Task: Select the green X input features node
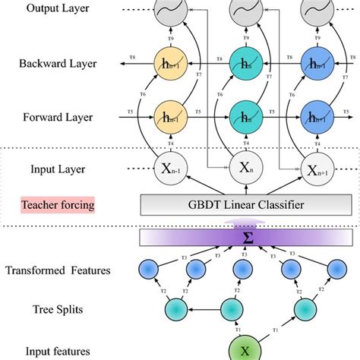245,350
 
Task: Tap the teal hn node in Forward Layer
245,117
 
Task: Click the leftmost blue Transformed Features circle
149,270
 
